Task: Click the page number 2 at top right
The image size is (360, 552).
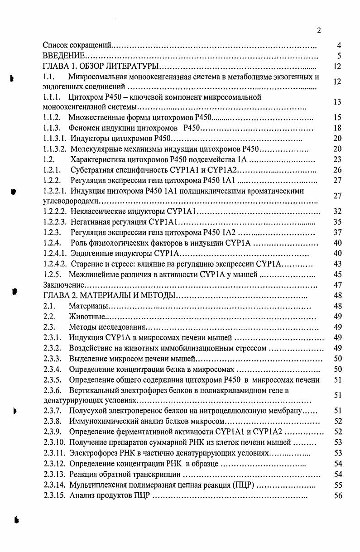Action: tap(319, 30)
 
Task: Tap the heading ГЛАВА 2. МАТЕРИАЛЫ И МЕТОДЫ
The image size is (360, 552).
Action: tap(109, 296)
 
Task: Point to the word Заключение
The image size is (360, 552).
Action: tap(64, 285)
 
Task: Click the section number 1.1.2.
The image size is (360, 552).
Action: tap(52, 117)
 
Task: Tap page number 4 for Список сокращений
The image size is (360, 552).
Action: tap(339, 45)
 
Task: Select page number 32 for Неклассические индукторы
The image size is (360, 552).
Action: tap(337, 211)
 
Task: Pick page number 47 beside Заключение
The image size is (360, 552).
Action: tap(337, 285)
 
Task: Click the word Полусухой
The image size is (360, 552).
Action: tap(87, 411)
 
